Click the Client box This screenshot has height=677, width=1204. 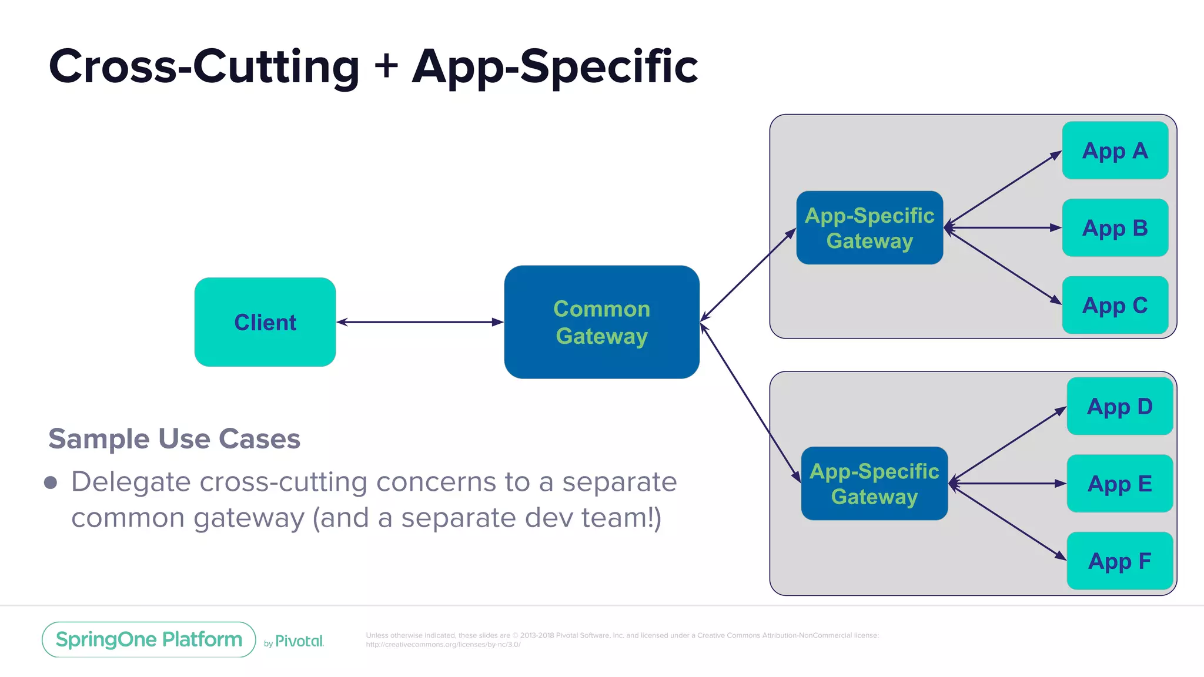(x=265, y=322)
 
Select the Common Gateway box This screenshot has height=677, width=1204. (x=601, y=322)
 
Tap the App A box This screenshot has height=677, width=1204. (x=1115, y=150)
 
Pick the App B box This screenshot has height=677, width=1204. (x=1115, y=228)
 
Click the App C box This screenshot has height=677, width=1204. (x=1115, y=305)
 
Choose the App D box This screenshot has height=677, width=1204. (x=1119, y=406)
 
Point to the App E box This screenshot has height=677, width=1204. (x=1119, y=484)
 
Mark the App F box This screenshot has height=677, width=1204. (x=1119, y=561)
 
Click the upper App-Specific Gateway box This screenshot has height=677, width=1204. (x=869, y=228)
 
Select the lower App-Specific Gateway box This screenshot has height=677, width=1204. (x=874, y=484)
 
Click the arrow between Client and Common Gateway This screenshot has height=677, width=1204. (x=420, y=322)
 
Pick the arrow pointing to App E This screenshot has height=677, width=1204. (x=1008, y=484)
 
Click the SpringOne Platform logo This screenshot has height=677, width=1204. (x=149, y=639)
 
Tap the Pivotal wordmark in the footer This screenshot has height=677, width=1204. (x=299, y=641)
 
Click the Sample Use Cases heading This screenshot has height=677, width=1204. (x=174, y=439)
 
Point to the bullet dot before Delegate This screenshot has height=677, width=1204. (x=51, y=482)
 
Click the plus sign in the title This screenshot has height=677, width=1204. (x=386, y=65)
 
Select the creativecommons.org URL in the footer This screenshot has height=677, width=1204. (x=443, y=645)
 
